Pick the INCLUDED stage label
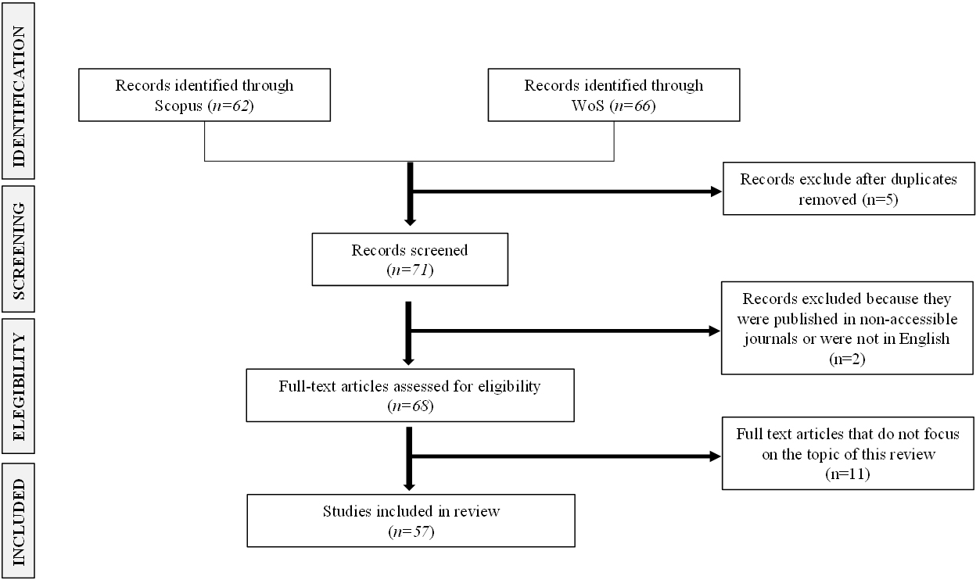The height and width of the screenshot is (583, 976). [19, 520]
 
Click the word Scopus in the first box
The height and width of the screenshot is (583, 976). [179, 106]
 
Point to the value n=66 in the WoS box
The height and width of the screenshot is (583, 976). [633, 106]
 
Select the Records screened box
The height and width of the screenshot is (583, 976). [409, 259]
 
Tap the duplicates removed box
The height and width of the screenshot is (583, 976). [849, 188]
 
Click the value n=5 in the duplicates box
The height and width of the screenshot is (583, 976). [882, 199]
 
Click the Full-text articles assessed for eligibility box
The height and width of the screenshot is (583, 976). [409, 395]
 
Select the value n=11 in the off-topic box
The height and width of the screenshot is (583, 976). [849, 474]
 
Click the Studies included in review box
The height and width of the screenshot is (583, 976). [411, 520]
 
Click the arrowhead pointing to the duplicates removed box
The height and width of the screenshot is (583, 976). [716, 191]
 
